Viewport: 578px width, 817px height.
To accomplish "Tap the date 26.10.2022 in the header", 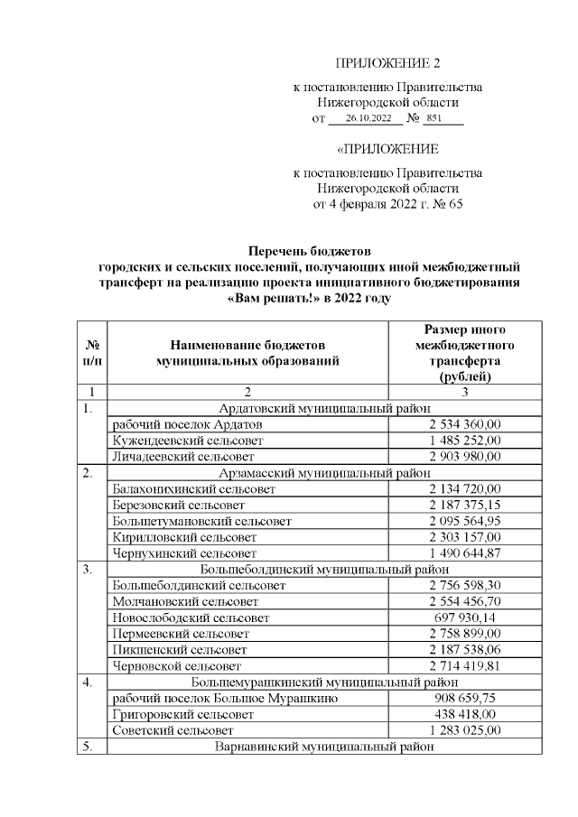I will [367, 118].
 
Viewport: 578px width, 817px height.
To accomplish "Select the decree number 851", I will [433, 118].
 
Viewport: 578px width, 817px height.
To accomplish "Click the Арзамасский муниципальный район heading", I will [325, 473].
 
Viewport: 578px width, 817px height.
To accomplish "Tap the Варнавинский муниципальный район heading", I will [325, 747].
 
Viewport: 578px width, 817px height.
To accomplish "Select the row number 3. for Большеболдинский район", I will [88, 569].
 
